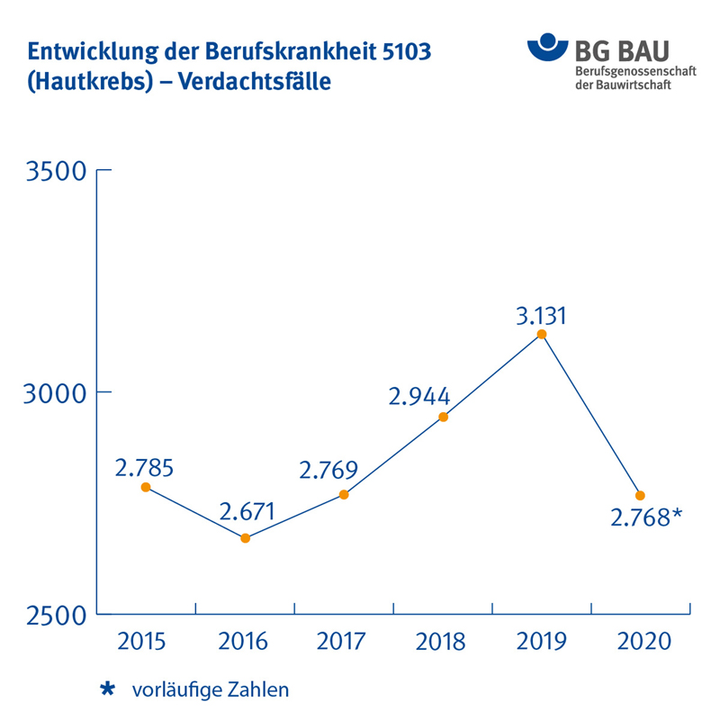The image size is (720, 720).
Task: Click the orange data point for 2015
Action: pyautogui.click(x=146, y=487)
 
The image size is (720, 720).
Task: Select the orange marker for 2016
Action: pyautogui.click(x=245, y=538)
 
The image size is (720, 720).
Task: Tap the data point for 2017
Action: pyautogui.click(x=344, y=494)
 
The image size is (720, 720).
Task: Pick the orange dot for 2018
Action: pyautogui.click(x=443, y=417)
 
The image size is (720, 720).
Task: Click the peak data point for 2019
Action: pyautogui.click(x=542, y=334)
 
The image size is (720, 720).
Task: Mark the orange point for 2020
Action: pyautogui.click(x=641, y=495)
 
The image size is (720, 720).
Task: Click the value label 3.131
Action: pyautogui.click(x=542, y=316)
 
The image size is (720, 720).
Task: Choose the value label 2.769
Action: pyautogui.click(x=328, y=470)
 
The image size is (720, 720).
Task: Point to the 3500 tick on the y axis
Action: pyautogui.click(x=54, y=170)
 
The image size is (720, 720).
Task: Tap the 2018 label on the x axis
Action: pyautogui.click(x=441, y=642)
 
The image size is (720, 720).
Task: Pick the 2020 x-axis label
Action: pyautogui.click(x=641, y=642)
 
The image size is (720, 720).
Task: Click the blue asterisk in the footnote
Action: pyautogui.click(x=108, y=689)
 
